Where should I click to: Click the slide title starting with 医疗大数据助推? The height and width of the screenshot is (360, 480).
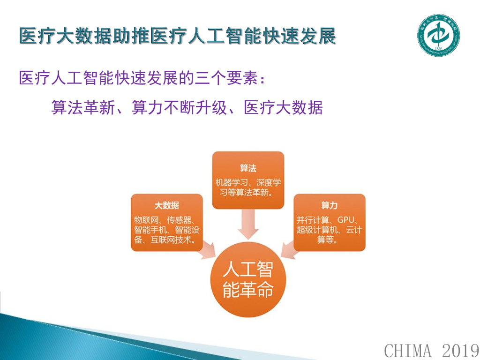(x=178, y=37)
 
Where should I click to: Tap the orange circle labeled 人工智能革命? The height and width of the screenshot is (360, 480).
(x=247, y=280)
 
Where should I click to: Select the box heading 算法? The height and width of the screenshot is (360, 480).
(x=248, y=168)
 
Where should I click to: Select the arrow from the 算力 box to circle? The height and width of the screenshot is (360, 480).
(x=290, y=250)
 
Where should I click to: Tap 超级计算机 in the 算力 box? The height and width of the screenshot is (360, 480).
(x=317, y=230)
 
